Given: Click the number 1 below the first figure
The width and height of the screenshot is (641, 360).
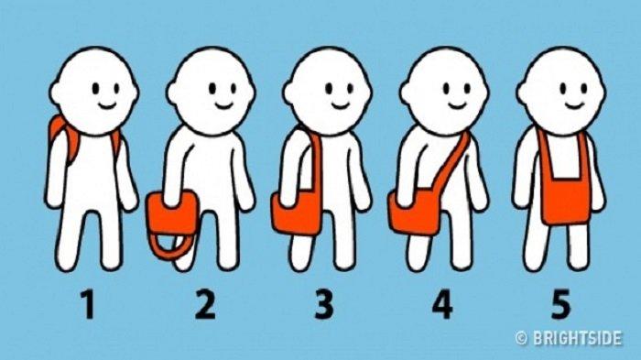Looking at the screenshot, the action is [x=88, y=304].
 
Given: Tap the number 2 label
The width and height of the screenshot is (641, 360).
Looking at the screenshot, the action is [x=205, y=304].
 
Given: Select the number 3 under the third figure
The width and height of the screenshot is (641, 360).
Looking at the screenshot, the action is [x=324, y=304].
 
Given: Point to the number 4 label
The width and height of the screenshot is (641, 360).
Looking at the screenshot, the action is [x=442, y=304].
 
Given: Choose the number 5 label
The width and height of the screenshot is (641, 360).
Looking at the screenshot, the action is [x=560, y=304].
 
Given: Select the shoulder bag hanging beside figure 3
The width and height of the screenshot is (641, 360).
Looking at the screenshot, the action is [x=297, y=213].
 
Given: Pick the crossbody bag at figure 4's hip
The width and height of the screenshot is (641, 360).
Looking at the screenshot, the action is [x=415, y=213].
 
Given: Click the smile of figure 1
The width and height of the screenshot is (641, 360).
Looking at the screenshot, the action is [x=107, y=106].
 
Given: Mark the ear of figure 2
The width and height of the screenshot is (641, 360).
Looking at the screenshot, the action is [x=172, y=93].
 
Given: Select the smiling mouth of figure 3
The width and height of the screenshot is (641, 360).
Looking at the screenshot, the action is [x=341, y=106].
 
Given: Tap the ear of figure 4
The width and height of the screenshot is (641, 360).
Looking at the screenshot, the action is [x=405, y=93].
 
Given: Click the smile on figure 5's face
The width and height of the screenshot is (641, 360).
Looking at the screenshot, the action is [x=574, y=106].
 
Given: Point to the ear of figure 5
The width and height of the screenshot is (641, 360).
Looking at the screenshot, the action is [x=522, y=93].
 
